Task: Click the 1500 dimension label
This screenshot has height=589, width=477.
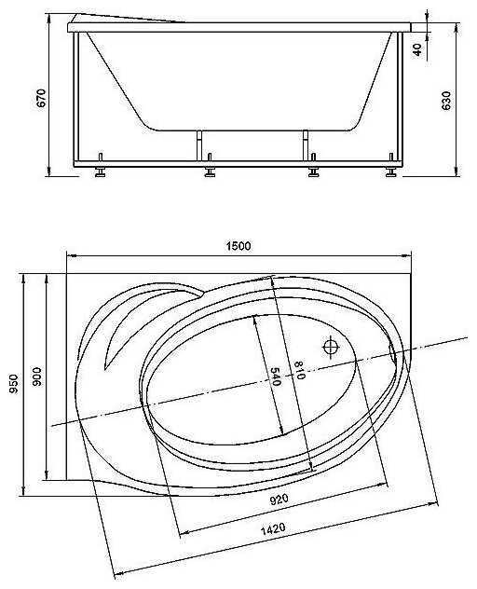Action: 238,246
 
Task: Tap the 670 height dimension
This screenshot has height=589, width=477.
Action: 41,98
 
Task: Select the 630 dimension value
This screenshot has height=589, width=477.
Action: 446,101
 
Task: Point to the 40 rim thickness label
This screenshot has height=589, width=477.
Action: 417,49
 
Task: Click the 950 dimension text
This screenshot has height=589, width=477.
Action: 14,384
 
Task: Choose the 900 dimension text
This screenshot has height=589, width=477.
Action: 37,377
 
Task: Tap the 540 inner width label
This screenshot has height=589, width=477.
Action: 276,377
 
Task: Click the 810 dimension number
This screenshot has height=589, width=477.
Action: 299,370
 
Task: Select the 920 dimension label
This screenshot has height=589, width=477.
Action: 279,500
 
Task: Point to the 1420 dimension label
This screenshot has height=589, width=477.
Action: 273,529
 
